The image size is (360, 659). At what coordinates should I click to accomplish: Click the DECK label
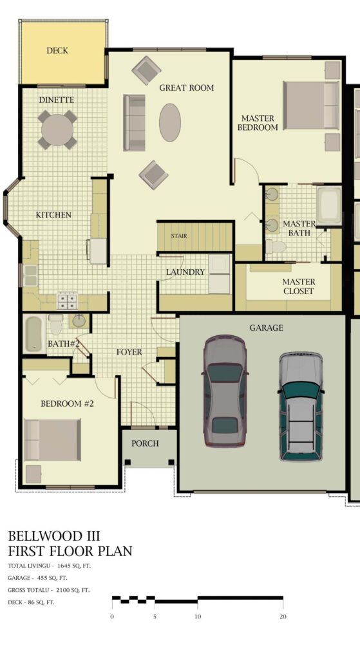57,50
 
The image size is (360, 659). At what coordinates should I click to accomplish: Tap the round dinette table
57,130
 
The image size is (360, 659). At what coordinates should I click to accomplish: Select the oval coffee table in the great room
170,122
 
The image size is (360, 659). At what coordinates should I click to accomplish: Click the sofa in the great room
134,122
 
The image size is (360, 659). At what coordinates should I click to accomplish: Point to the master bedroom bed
311,105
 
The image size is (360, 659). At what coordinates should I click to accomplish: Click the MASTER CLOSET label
299,286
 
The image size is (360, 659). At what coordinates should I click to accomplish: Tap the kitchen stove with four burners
67,300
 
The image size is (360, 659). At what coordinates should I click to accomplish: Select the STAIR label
179,236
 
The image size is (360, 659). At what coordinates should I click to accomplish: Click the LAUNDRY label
185,272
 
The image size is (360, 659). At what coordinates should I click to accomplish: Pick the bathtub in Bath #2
34,335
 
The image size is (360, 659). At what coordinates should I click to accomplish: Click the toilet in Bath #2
56,324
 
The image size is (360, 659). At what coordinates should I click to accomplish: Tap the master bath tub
329,206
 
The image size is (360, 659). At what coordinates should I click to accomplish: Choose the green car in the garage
301,407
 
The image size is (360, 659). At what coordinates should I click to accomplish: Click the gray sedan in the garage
225,391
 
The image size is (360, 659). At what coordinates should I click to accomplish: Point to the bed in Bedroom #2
53,440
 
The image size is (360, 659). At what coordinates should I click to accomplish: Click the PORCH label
145,443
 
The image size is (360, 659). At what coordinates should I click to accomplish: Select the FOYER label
129,352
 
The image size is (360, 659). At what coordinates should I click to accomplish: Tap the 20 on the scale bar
283,617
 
